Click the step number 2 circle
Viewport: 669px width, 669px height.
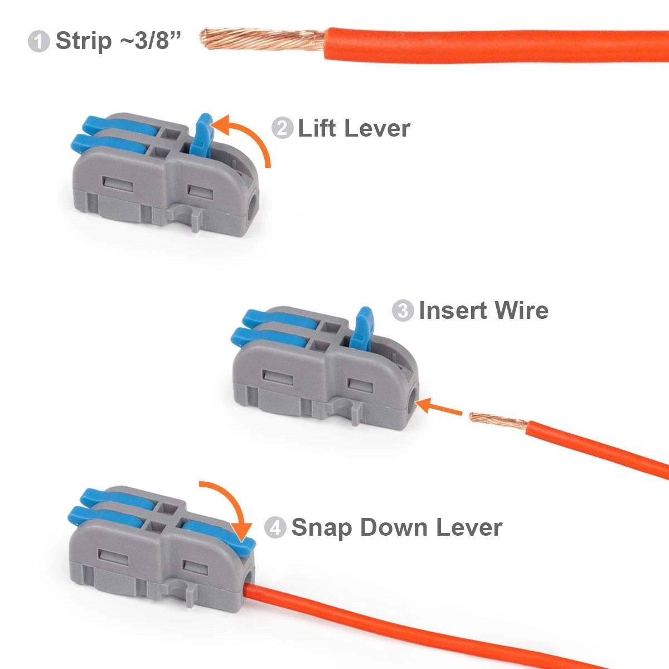282,129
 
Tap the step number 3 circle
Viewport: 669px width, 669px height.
403,311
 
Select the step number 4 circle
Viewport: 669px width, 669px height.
275,527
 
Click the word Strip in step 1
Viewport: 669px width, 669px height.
84,41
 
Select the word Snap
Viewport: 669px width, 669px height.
322,527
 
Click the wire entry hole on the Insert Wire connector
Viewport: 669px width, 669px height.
412,401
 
